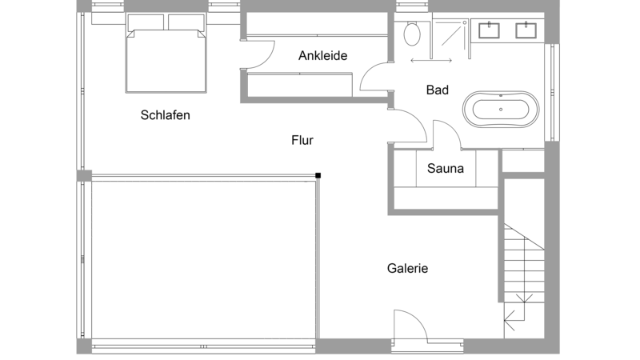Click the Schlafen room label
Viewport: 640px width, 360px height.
click(x=166, y=115)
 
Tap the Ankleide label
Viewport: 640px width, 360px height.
click(x=323, y=55)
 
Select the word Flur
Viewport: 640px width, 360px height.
click(x=302, y=140)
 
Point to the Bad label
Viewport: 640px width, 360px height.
click(x=437, y=90)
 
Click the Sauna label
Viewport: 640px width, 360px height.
click(x=446, y=168)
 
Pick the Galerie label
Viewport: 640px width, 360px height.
click(x=407, y=268)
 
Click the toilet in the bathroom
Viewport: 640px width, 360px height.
click(x=412, y=34)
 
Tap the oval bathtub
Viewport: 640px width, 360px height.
click(x=501, y=110)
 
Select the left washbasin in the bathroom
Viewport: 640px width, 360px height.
click(x=489, y=30)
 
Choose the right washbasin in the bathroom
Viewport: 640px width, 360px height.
click(x=526, y=30)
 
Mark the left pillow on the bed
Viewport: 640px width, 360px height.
click(x=146, y=22)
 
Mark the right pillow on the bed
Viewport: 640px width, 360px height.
click(x=186, y=22)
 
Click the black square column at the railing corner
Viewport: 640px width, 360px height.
click(x=318, y=175)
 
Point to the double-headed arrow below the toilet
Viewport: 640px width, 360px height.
click(x=431, y=61)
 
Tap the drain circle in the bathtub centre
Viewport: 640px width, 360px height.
click(x=501, y=110)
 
